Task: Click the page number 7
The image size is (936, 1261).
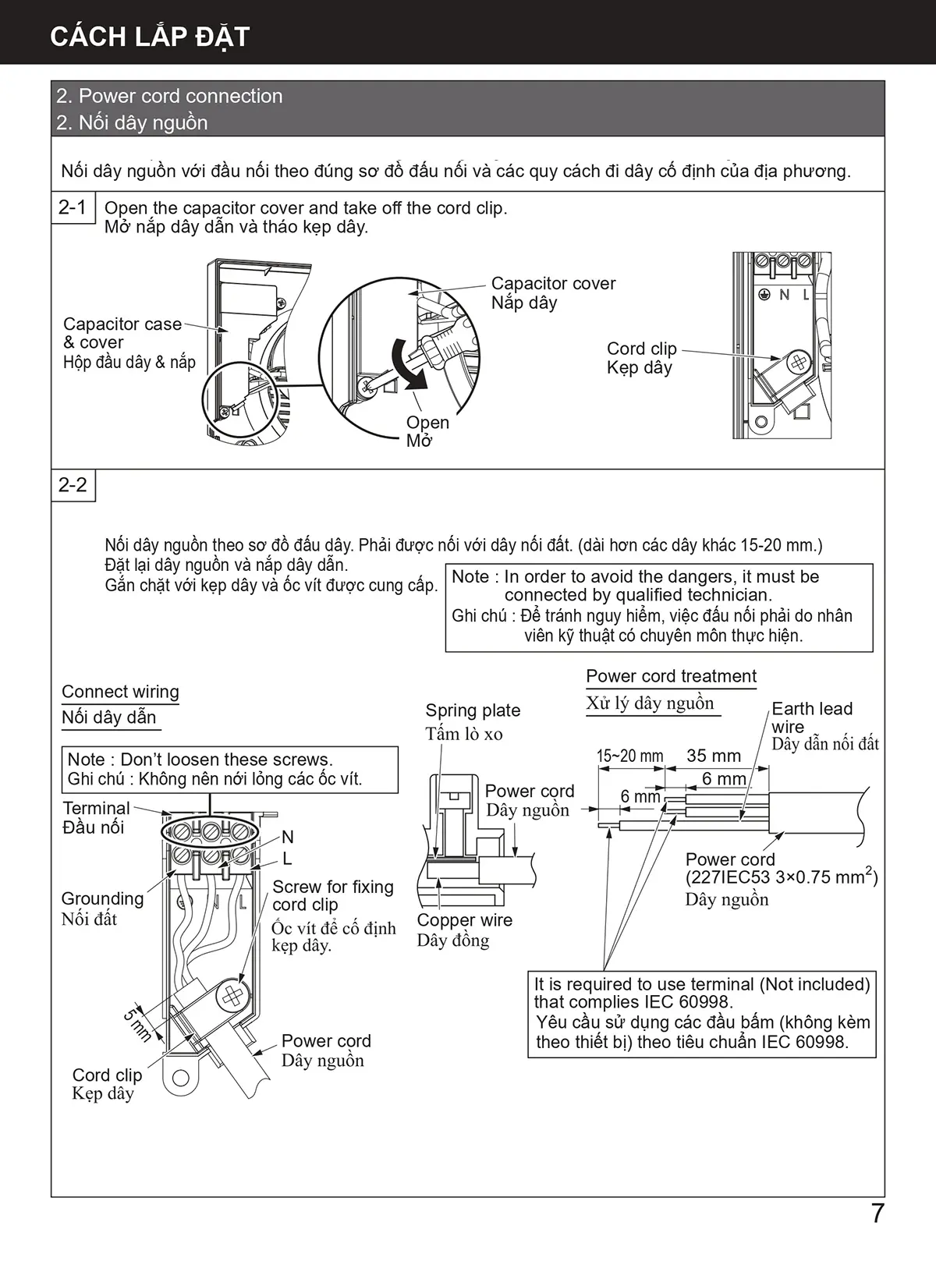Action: click(877, 1213)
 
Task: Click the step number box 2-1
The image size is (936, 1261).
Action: click(73, 207)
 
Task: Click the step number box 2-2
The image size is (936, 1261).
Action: click(73, 485)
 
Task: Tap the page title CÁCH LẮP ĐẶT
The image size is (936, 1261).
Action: click(149, 37)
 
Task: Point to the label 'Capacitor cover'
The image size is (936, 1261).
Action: click(553, 284)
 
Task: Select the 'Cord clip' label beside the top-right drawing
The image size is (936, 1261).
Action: click(641, 349)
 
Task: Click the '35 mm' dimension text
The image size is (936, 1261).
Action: click(713, 756)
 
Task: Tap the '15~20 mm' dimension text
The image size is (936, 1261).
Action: click(629, 756)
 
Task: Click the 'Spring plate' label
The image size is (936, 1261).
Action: click(473, 710)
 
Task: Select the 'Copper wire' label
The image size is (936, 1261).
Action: click(464, 920)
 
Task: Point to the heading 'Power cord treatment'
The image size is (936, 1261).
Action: click(671, 676)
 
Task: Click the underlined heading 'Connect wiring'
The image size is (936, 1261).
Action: click(120, 692)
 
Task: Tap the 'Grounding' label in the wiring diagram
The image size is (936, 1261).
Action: click(102, 898)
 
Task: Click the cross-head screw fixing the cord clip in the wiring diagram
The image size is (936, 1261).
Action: click(232, 997)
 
